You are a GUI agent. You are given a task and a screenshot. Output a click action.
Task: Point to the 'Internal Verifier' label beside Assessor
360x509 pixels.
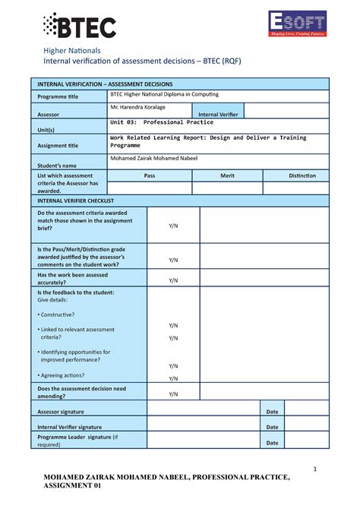(221, 115)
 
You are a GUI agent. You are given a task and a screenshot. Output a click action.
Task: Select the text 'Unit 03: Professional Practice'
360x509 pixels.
(162, 122)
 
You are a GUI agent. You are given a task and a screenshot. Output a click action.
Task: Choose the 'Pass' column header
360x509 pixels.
(149, 175)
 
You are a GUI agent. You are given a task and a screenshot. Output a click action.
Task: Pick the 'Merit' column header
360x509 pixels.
(227, 175)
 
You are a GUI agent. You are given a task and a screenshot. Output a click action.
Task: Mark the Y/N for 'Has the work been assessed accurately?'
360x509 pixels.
(173, 280)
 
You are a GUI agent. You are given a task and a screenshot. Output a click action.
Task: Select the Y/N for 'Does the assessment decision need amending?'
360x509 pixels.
(173, 394)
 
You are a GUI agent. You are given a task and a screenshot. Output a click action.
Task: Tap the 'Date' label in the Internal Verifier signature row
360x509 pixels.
(272, 427)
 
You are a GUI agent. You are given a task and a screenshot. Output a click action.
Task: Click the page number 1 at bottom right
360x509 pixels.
(314, 469)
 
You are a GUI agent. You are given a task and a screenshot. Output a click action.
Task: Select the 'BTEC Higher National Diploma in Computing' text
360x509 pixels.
(164, 94)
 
